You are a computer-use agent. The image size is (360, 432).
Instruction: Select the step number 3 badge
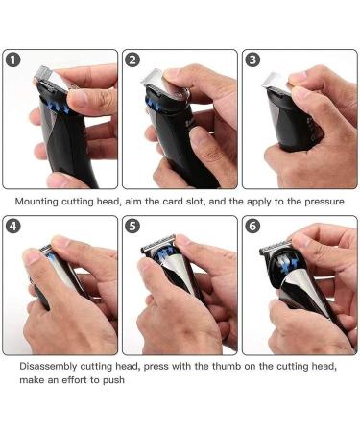click(252, 60)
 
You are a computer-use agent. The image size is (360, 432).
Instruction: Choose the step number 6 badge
click(252, 228)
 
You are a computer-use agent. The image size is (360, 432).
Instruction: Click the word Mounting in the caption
click(42, 203)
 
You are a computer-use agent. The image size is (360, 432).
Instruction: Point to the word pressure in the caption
click(320, 203)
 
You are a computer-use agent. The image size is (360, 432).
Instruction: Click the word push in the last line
click(119, 380)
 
